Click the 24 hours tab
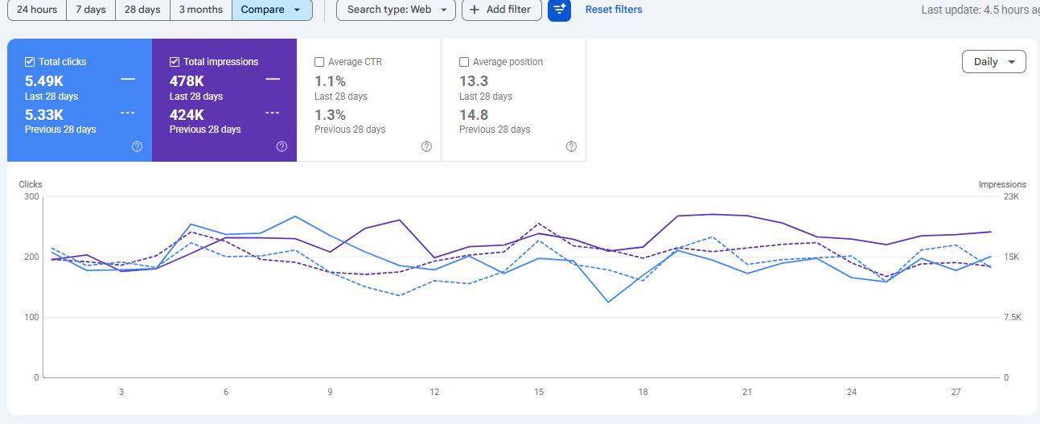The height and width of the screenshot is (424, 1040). coord(37,10)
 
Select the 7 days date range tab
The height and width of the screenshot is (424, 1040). coord(91,10)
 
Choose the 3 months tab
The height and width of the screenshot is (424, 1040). coord(201,10)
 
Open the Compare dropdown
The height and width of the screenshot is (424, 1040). coord(272,10)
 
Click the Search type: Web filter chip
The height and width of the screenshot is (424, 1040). coord(396,10)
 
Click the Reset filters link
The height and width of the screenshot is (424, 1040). coord(614,10)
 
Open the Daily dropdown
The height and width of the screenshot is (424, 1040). coord(993,62)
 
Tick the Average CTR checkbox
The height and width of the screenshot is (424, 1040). coord(319,62)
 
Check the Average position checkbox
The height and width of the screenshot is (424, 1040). coord(464,62)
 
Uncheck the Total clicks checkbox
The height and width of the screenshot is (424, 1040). coord(30,62)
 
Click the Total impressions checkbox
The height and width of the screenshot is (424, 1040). coord(175,62)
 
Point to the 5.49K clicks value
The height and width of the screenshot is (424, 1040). coord(44,81)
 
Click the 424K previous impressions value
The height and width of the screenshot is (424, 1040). coord(187,115)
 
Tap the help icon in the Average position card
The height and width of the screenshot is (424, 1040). coord(571,146)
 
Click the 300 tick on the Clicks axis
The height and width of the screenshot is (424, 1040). coord(31,196)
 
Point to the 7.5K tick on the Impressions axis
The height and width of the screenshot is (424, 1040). coord(1013,317)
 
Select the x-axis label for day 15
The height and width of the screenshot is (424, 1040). coord(539,392)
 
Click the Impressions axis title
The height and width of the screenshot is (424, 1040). coord(1002,184)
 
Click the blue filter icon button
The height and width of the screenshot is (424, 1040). coord(560,10)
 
